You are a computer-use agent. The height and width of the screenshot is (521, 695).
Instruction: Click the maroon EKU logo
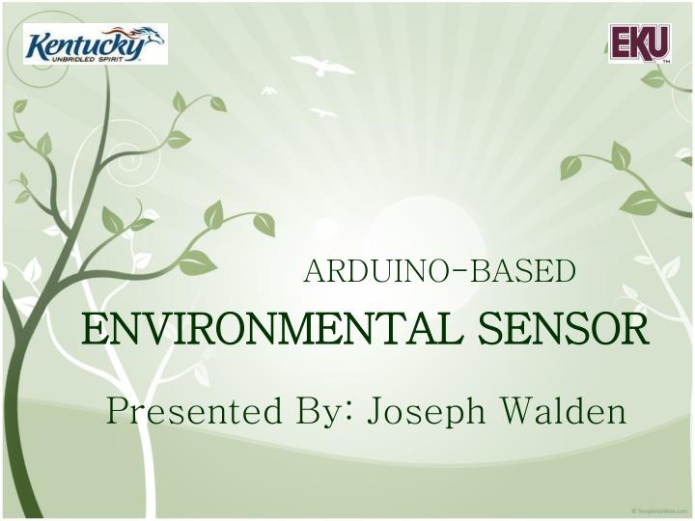tap(639, 43)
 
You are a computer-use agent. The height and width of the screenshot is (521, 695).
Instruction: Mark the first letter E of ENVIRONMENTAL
tap(90, 330)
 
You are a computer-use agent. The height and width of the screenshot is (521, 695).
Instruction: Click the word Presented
tap(183, 412)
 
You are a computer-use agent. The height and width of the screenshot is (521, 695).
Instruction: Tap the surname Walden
tap(563, 412)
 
